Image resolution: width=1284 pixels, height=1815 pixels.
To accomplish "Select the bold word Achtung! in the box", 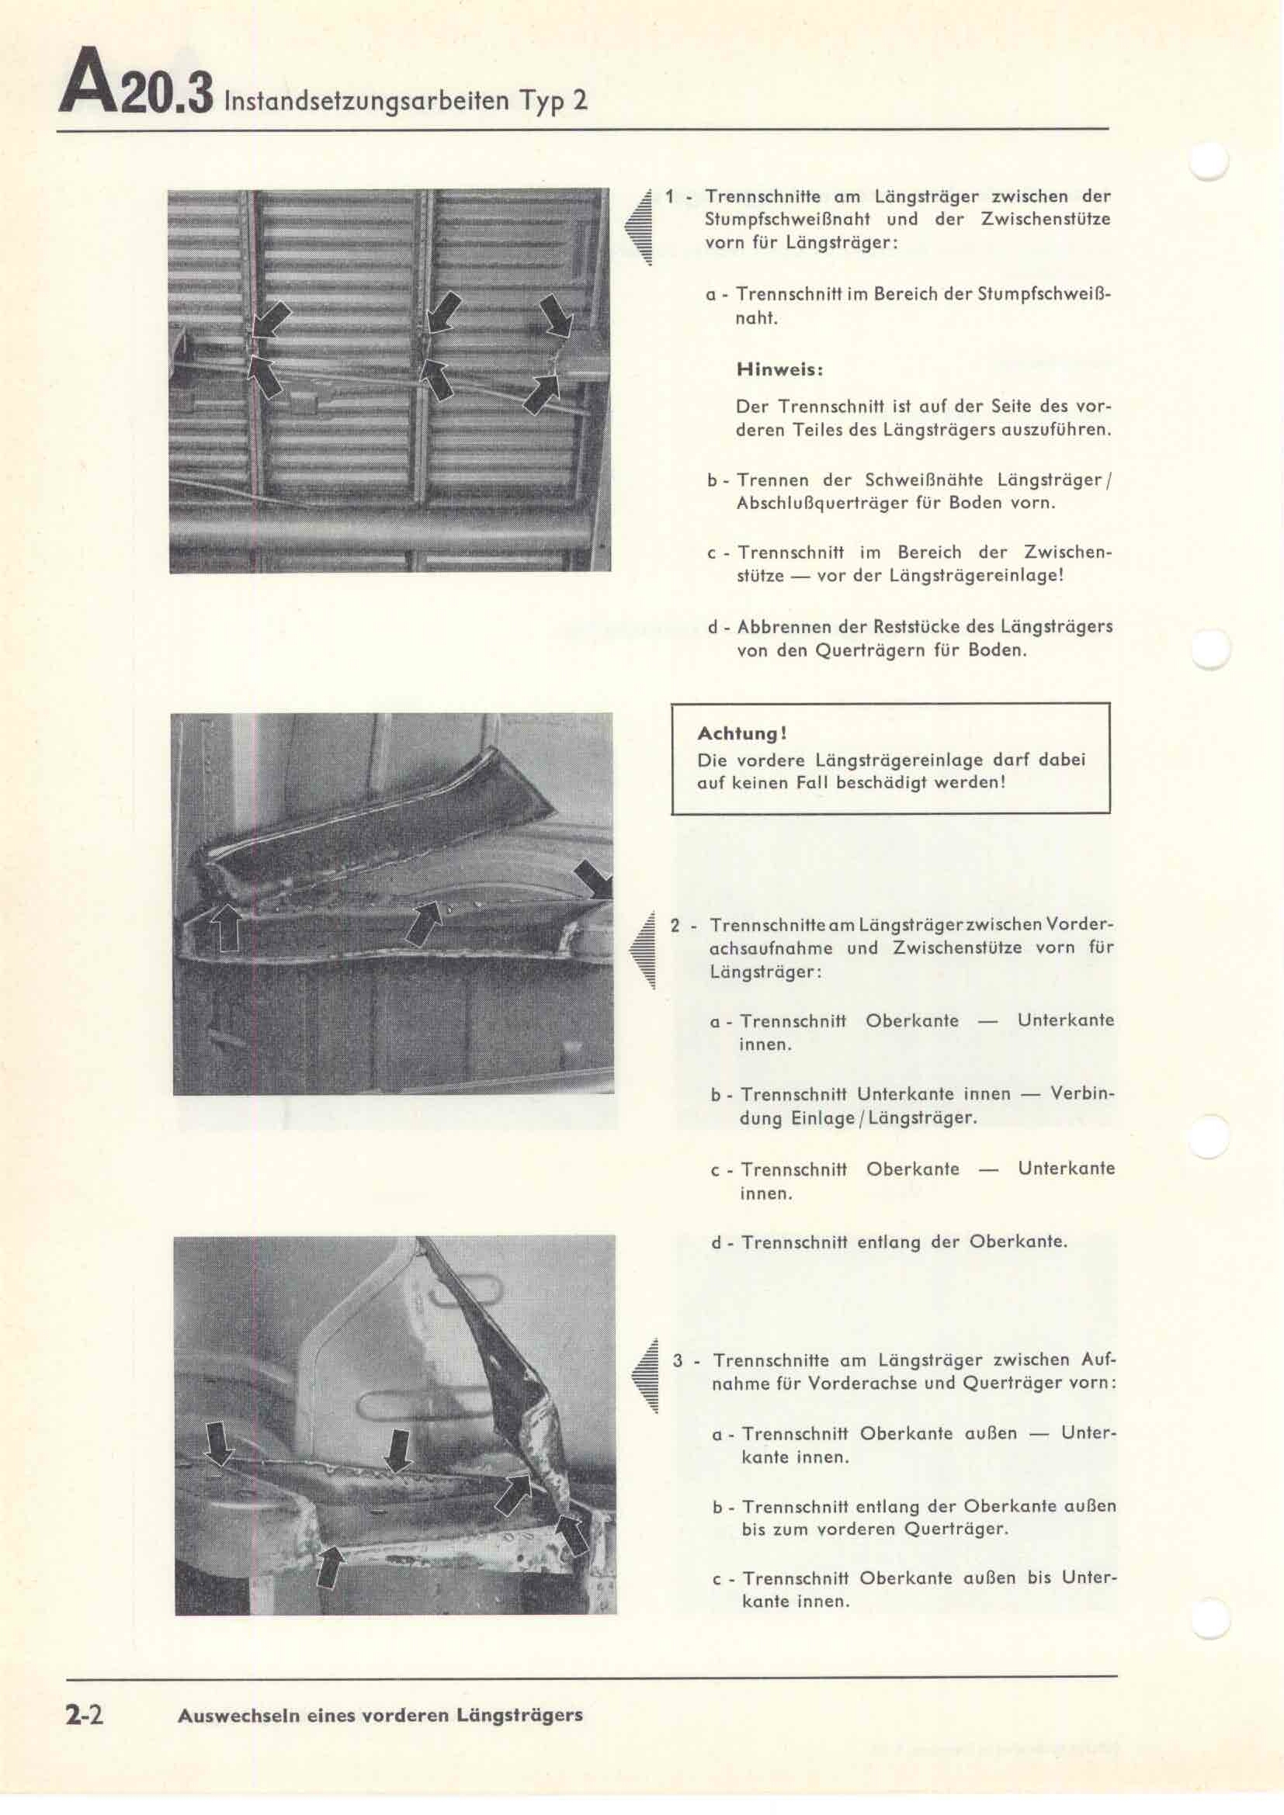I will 741,733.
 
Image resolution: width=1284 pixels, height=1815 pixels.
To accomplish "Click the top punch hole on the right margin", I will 1210,164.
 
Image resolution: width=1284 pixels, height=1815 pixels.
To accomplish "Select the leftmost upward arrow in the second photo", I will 227,927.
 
